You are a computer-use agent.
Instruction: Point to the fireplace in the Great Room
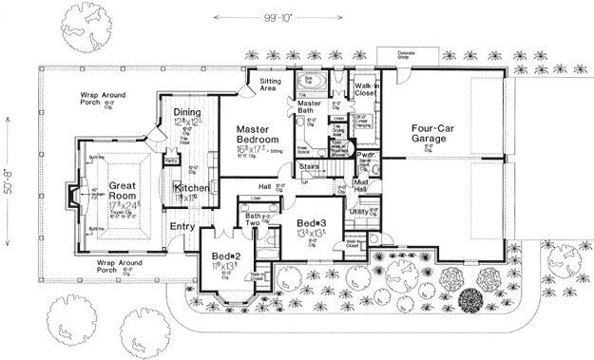[72, 198]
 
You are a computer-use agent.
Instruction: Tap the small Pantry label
[172, 161]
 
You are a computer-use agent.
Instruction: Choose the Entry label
[182, 227]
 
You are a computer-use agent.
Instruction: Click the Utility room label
[359, 212]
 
